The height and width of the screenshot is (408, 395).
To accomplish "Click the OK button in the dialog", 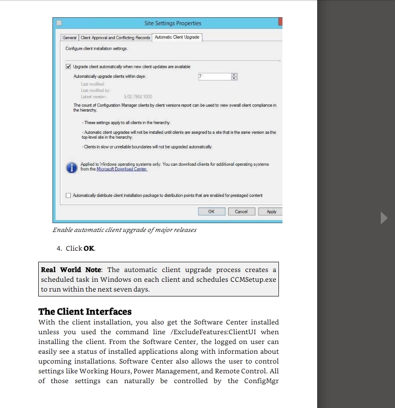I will point(211,212).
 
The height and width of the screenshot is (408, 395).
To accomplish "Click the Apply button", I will point(271,212).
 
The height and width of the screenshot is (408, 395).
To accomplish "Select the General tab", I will point(69,38).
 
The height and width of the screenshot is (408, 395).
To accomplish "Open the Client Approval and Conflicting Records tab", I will point(115,38).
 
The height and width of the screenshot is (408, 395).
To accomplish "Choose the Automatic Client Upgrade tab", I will point(177,37).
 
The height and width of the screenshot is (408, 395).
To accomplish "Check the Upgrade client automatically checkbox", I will point(69,67).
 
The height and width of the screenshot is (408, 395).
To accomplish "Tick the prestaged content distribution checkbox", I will point(69,195).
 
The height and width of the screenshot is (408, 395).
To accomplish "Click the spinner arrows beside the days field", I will point(234,76).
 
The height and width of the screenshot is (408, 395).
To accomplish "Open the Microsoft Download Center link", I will point(122,169).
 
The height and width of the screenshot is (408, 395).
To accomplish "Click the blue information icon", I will point(71,168).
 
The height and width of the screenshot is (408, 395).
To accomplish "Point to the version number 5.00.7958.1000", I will point(138,96).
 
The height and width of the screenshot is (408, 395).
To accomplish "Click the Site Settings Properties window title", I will point(173,23).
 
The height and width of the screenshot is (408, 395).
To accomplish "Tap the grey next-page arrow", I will point(384,218).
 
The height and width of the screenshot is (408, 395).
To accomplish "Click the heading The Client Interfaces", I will point(85,311).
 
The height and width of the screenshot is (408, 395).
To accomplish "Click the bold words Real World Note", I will point(71,270).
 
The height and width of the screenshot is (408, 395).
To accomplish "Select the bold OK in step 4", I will point(89,248).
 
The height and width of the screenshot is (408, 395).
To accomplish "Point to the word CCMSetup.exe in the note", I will point(253,280).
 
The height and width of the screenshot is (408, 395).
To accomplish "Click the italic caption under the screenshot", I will point(125,230).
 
